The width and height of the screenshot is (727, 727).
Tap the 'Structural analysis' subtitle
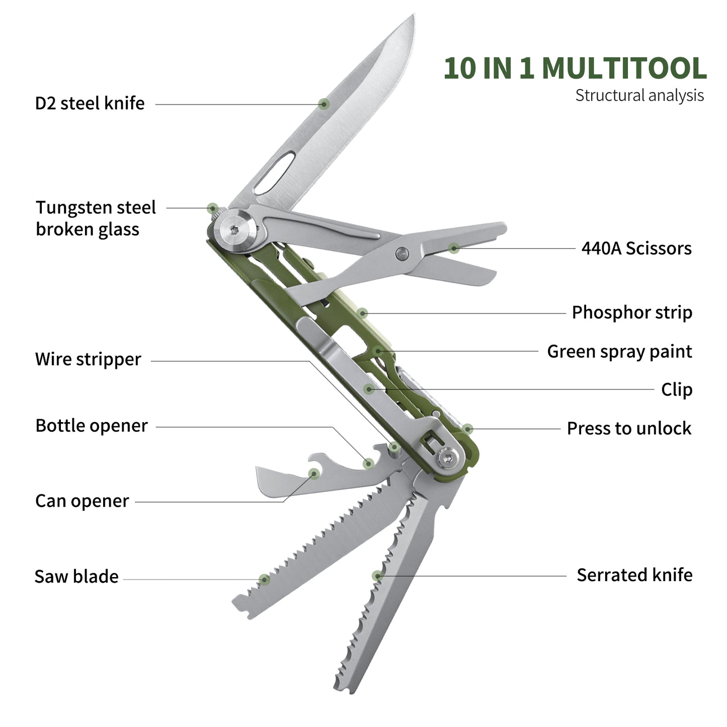point(639,96)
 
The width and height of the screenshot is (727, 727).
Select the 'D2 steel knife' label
point(90,103)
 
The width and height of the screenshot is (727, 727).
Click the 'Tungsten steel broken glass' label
point(96,218)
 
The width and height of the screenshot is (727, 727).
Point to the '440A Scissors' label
point(636,249)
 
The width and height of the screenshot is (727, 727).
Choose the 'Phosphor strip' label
point(632,312)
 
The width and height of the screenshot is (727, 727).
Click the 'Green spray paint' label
point(619,352)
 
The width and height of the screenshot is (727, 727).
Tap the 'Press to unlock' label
point(629,429)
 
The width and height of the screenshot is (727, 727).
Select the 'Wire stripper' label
point(88,360)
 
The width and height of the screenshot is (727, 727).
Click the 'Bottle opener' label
point(91,426)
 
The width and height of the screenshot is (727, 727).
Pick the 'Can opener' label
point(82,501)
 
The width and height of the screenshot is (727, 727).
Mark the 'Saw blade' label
point(76,577)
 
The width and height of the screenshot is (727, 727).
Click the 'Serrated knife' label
point(634,575)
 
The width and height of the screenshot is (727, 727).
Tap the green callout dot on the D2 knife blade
point(325,104)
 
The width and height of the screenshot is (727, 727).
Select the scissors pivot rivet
point(401,253)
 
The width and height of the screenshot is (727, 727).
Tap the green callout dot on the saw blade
point(265,580)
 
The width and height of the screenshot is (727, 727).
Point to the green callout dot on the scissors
point(454,248)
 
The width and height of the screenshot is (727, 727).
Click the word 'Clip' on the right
point(677,390)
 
